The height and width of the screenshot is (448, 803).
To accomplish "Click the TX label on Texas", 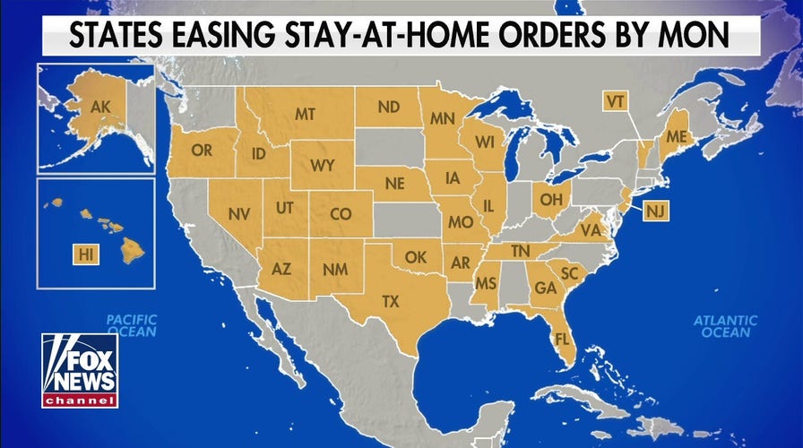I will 391,301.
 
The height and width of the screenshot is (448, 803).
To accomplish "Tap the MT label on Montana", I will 305,114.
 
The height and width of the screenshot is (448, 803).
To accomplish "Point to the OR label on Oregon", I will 202,151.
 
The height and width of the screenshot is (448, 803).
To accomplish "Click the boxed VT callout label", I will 614,101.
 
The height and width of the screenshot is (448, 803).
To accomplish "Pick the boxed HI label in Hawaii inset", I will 86,255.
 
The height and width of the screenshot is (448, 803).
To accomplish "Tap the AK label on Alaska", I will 99,108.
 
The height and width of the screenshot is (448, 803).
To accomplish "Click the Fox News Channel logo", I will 80,371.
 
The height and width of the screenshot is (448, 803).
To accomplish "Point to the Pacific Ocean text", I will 132,325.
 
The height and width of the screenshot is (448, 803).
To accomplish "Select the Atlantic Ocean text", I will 726,326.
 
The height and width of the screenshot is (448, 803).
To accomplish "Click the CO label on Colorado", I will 341,214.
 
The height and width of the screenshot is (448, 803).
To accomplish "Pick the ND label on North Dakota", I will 388,108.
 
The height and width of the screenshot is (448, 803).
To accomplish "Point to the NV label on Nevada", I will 238,215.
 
